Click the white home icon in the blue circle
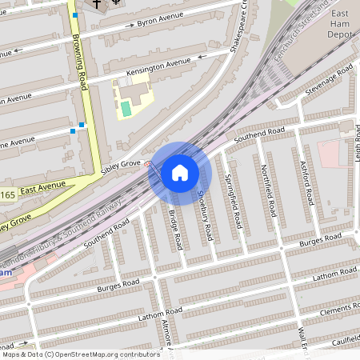[180, 173]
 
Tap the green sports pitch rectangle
[126, 107]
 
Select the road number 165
[7, 195]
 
